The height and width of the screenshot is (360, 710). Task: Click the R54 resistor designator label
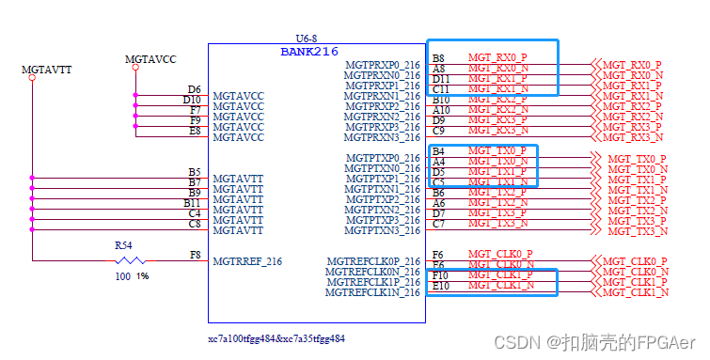point(124,244)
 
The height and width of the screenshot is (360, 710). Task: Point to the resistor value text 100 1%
point(132,276)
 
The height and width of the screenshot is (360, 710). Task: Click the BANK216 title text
point(309,51)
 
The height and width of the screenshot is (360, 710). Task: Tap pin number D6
point(194,89)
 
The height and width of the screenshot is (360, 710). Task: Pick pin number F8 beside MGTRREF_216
point(195,255)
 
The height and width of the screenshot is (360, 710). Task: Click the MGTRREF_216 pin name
point(247,261)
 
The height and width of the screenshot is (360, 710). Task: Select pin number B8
point(438,58)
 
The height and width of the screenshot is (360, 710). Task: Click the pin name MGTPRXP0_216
point(383,65)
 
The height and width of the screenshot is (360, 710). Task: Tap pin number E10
point(441,286)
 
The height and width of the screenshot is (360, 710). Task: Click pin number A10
point(441,110)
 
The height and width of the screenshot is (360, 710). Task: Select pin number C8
point(194,224)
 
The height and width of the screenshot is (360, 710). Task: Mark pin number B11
point(192,203)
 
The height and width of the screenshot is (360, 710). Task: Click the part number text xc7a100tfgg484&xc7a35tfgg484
point(276,337)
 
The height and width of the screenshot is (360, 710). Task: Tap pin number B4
point(438,151)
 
